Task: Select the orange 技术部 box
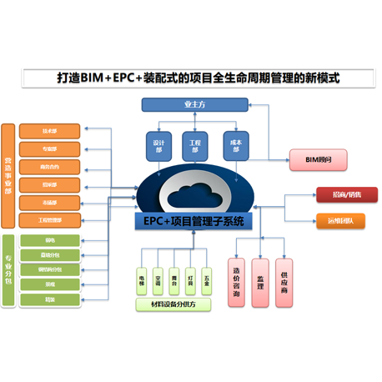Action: click(50, 131)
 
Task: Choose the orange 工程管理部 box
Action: click(50, 220)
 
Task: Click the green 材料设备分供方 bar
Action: click(173, 305)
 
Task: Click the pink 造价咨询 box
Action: click(237, 281)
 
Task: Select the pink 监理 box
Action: click(261, 281)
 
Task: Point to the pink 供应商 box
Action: click(285, 281)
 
